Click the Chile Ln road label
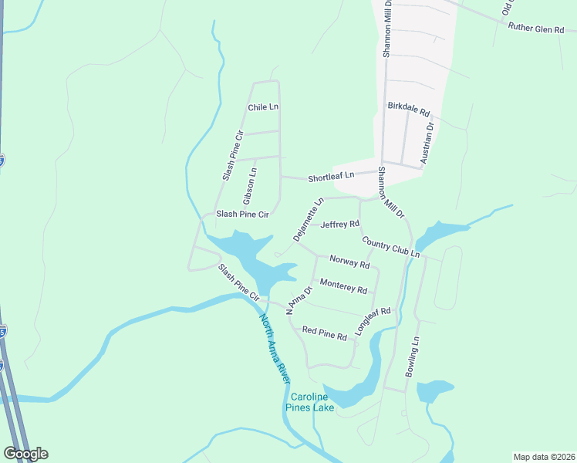pos(262,107)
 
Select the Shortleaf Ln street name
pos(331,176)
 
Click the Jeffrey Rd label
pos(340,225)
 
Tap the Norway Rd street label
pos(349,262)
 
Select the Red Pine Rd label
pos(325,333)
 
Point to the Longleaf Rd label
pos(373,321)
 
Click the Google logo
pos(25,454)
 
